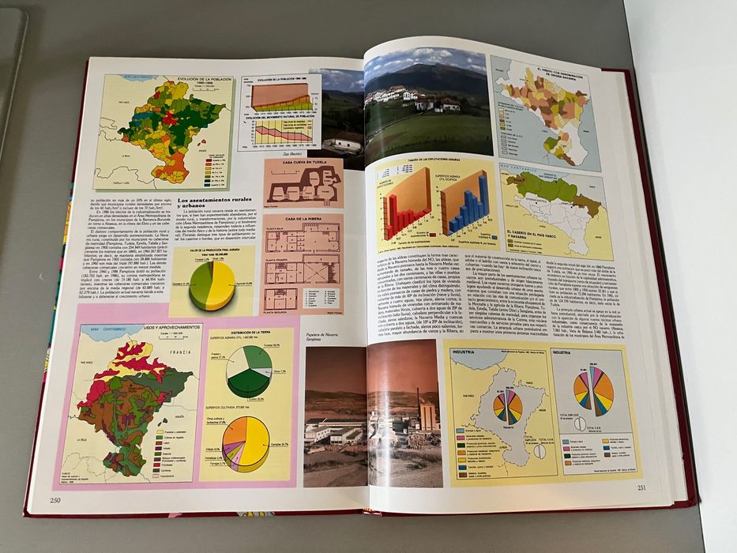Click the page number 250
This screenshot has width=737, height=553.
(55, 498)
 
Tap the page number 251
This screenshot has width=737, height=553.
(641, 487)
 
